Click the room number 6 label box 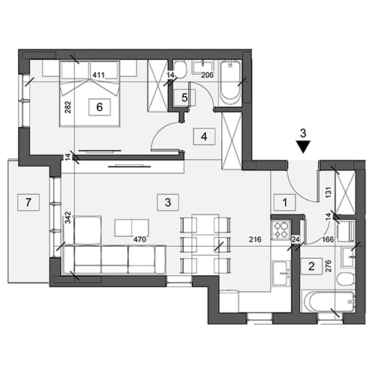click(x=100, y=107)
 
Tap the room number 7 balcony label click(x=28, y=202)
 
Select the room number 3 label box click(x=168, y=202)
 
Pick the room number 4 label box click(x=204, y=136)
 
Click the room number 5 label click(x=184, y=97)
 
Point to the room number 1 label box click(x=285, y=202)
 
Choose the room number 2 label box click(x=311, y=266)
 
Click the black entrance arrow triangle click(x=303, y=147)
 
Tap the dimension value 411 click(x=98, y=75)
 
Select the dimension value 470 click(x=139, y=239)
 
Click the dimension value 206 click(x=207, y=75)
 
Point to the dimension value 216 click(x=255, y=239)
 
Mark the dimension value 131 click(x=328, y=193)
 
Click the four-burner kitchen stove click(x=280, y=230)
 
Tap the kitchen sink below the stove click(x=281, y=273)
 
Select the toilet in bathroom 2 click(x=346, y=279)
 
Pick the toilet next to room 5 click(x=180, y=70)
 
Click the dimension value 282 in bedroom click(x=68, y=106)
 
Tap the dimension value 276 click(x=328, y=266)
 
